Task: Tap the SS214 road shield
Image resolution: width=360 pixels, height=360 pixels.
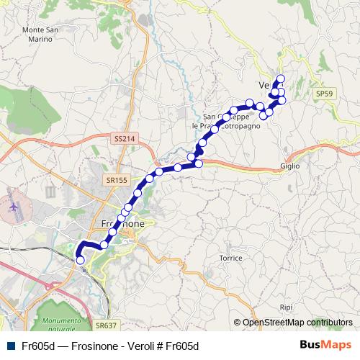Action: pos(124,138)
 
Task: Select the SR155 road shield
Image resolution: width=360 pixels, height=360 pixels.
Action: pos(114,179)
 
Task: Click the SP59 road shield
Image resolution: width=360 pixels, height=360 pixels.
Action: pos(325,94)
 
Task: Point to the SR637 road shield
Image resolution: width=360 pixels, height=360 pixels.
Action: pos(104,325)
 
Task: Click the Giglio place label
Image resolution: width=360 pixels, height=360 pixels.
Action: pos(290,166)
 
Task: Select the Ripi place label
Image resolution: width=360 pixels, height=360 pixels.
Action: pos(286,307)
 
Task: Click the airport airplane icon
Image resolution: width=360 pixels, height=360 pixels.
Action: pos(14,207)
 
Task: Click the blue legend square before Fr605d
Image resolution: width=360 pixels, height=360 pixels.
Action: pos(11,346)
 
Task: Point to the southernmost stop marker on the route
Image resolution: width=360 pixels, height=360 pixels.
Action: pos(80,260)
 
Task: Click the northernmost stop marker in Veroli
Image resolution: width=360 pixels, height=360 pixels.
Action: pos(281,78)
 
